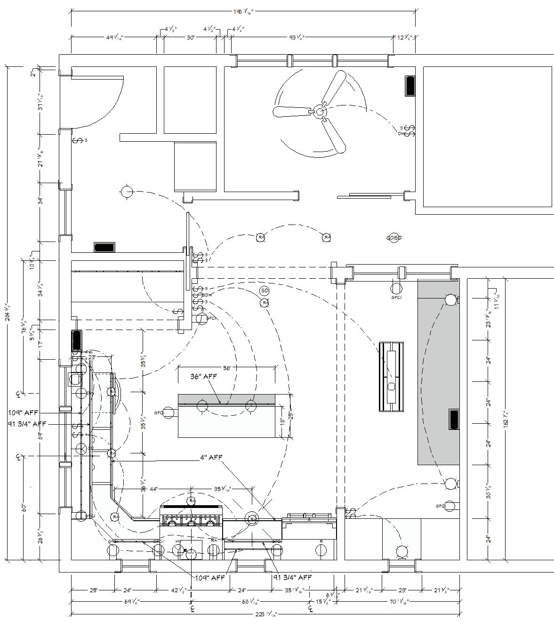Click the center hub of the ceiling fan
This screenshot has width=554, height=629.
(320, 112)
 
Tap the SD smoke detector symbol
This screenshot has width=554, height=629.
(265, 291)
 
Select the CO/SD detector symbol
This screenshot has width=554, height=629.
(393, 238)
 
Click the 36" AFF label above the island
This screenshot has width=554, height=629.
(203, 377)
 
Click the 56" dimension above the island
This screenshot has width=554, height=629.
(227, 368)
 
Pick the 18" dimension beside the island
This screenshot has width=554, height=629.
(282, 420)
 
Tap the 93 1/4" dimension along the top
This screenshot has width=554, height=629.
(296, 37)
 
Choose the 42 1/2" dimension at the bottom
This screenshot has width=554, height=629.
(179, 590)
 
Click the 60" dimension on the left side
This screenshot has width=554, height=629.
(24, 508)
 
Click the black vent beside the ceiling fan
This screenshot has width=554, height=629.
(410, 86)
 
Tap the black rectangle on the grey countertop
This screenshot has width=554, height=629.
(454, 419)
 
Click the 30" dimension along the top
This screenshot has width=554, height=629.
(190, 37)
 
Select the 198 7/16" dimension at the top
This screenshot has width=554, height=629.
(243, 12)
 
